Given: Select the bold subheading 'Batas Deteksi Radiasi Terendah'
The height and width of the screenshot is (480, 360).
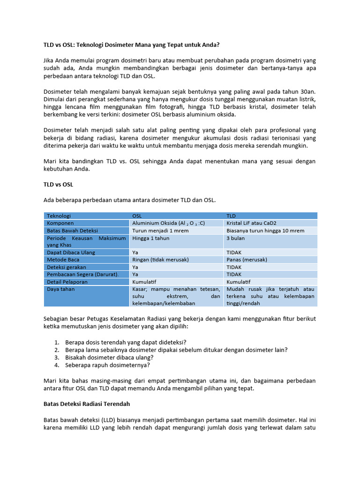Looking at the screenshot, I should (x=87, y=404).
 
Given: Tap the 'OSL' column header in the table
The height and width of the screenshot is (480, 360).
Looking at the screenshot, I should (x=137, y=216).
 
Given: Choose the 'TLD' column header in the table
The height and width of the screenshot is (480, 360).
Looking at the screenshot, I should (x=232, y=216).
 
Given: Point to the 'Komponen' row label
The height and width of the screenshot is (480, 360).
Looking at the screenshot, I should (x=60, y=223).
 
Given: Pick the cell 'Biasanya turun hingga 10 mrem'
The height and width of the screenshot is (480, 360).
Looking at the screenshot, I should (x=265, y=231).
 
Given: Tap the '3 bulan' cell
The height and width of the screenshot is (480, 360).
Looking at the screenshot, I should (x=235, y=238).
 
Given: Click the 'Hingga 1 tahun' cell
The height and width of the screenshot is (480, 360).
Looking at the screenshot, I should (x=151, y=238).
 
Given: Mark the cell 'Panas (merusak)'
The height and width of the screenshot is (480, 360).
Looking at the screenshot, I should (x=247, y=260).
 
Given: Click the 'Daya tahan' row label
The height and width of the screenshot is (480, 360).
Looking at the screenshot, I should (x=61, y=289).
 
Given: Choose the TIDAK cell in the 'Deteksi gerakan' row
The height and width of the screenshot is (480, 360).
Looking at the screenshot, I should (x=234, y=267).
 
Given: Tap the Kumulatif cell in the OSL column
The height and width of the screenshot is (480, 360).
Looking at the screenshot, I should (x=144, y=282).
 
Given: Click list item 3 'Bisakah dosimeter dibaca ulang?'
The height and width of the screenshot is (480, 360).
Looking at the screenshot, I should (x=110, y=357).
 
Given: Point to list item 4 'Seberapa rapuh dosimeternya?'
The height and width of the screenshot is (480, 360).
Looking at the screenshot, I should (x=107, y=365).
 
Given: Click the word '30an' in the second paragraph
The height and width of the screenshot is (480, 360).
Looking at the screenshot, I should (x=308, y=92).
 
